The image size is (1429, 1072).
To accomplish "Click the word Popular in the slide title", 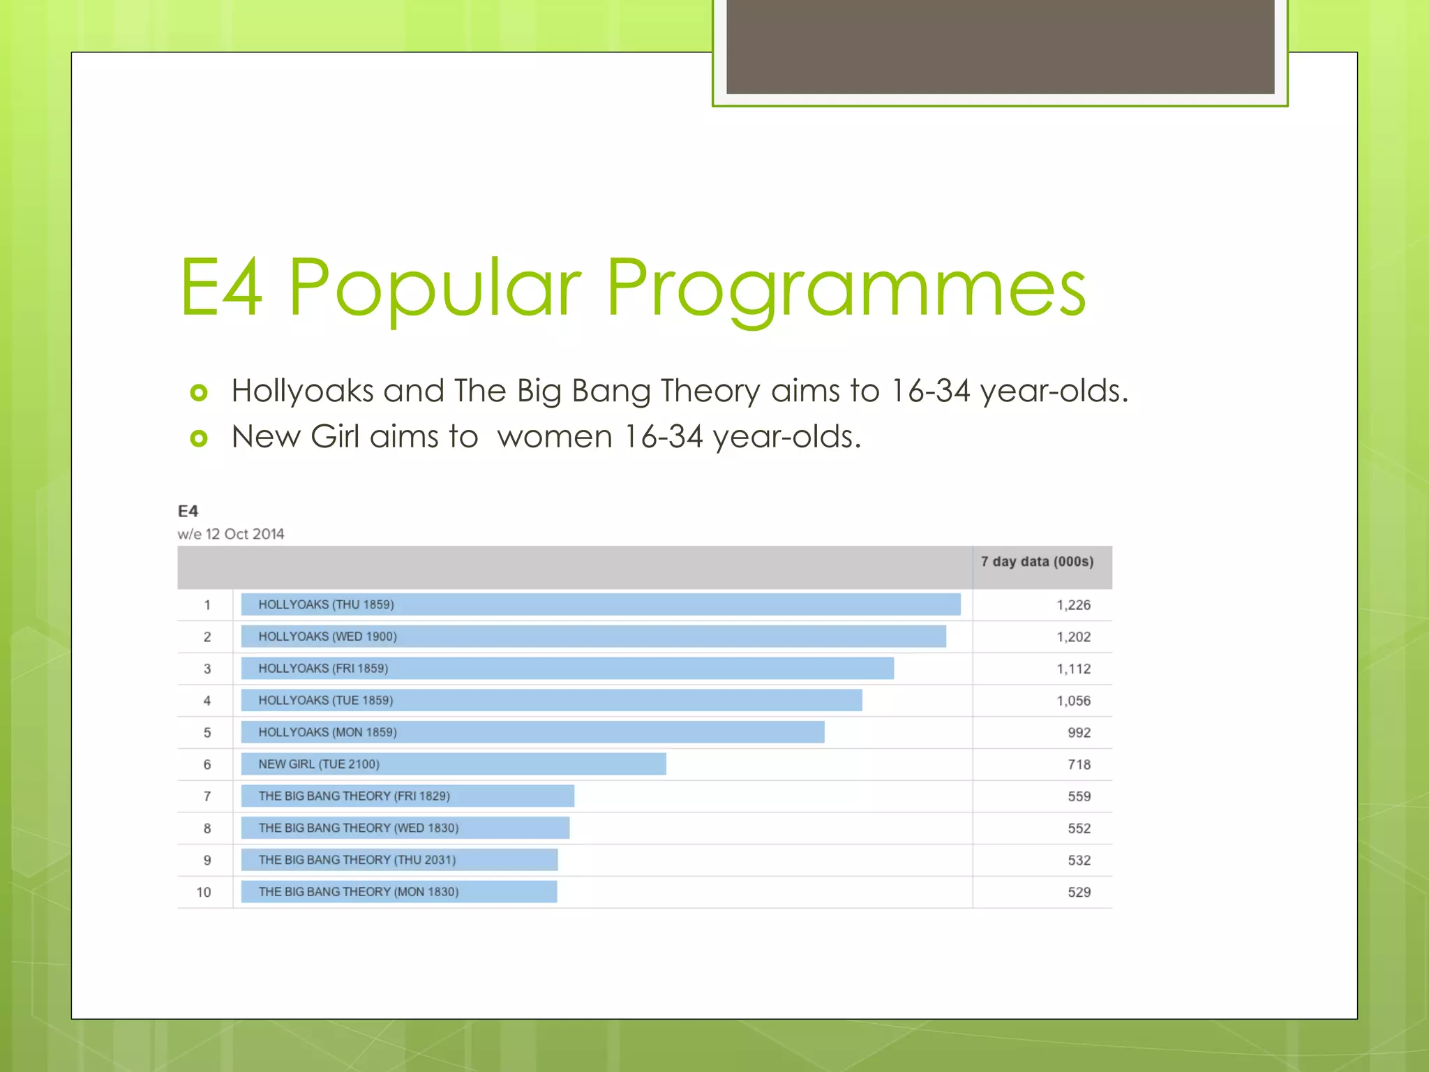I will pos(434,288).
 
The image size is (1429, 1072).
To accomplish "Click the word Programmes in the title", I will pos(846,288).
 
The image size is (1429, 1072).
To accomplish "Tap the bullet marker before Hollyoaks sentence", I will pos(199,393).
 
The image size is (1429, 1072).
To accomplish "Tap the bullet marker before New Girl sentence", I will pos(199,438).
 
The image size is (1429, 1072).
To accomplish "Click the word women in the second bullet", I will pos(555,437).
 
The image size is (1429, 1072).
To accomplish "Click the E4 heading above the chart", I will pos(188,511).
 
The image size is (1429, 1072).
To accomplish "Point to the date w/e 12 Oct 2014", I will pos(231,534).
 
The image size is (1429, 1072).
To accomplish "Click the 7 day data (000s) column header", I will pos(1037,562).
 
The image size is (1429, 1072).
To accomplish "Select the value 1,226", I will pos(1073,605).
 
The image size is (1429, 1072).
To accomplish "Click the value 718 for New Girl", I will pos(1079,764).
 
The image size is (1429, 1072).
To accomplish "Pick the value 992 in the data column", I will pos(1079,733).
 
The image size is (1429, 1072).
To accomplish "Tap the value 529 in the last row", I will pos(1079,892).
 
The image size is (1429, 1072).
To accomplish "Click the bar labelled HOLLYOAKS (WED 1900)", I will pos(593,636).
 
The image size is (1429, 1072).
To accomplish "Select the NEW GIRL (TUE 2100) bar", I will pos(454,764).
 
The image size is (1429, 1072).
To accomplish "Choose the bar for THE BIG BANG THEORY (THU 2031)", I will pos(399,860).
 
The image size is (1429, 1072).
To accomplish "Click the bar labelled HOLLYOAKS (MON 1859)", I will pos(532,732).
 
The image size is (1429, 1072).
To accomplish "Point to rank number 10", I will pos(204,892).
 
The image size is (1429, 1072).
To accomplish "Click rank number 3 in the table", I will pos(207,669).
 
